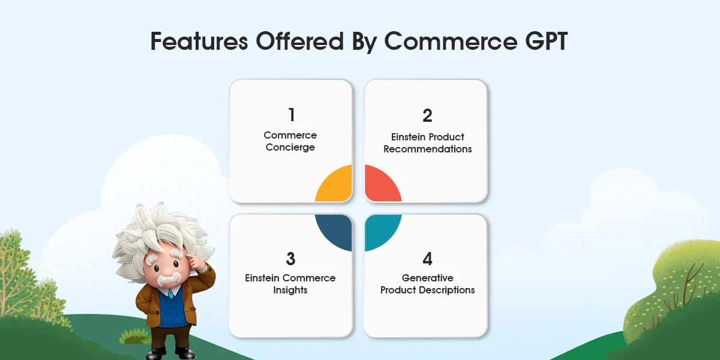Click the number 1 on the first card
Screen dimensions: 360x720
(x=291, y=115)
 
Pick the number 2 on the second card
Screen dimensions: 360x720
(x=427, y=115)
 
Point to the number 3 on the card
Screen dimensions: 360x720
(x=291, y=259)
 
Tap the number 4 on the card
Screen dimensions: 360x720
(x=427, y=259)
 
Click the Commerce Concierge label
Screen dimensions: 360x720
(x=290, y=142)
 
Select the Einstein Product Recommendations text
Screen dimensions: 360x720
(x=427, y=143)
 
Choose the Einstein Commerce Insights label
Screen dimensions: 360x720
(x=290, y=284)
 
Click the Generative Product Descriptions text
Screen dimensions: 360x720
(x=427, y=284)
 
